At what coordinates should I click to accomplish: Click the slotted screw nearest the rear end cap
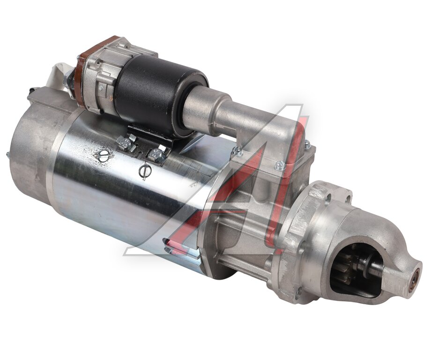(104, 156)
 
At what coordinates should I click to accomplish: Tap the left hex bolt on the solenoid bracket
(126, 143)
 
